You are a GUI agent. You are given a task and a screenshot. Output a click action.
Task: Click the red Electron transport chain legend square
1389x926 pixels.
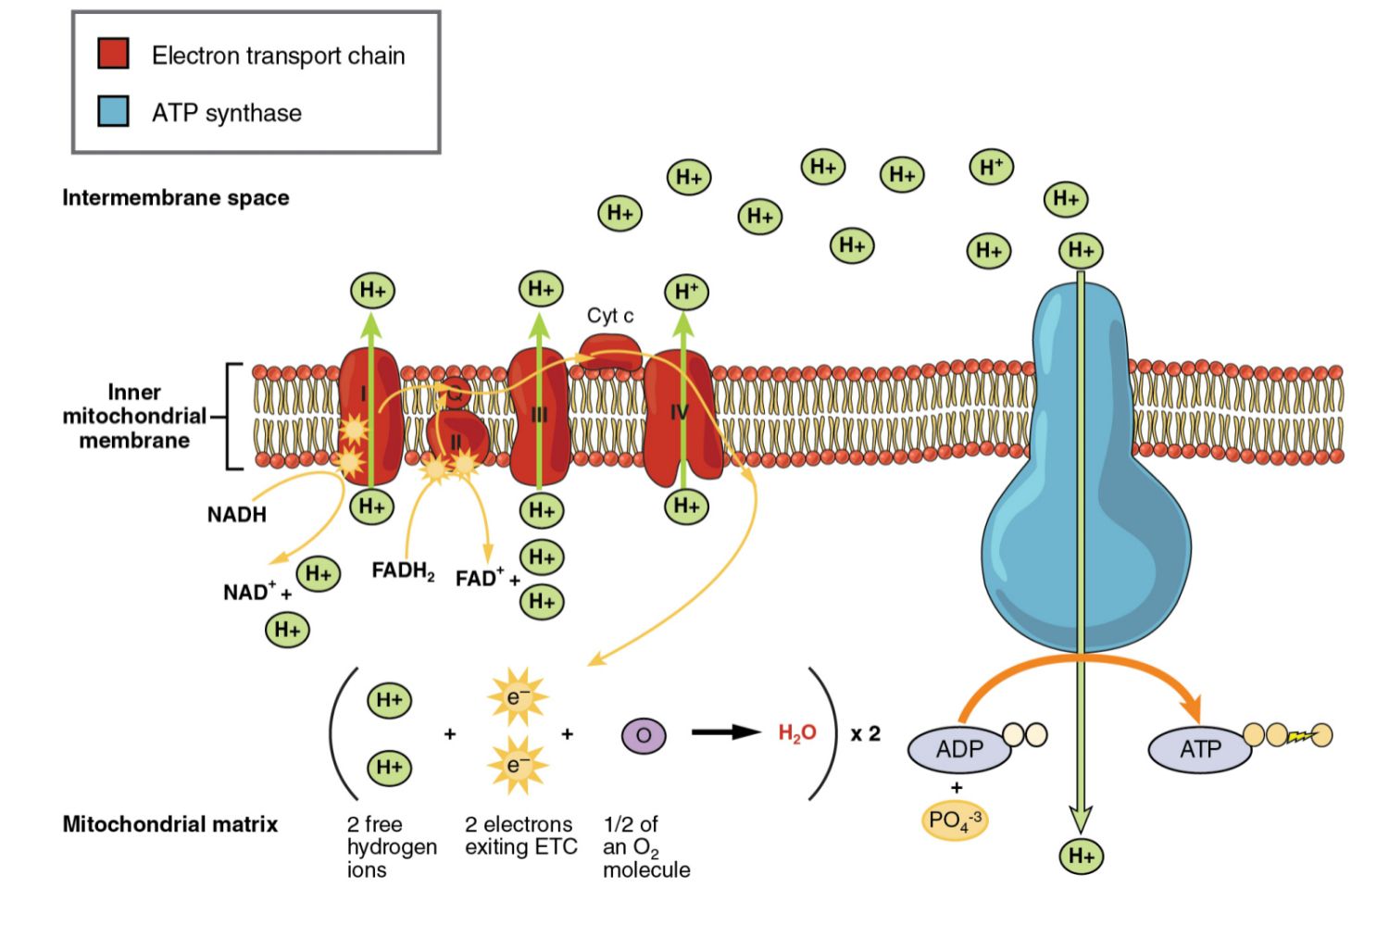point(113,54)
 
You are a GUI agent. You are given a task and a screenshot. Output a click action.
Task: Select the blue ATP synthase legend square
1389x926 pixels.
point(113,111)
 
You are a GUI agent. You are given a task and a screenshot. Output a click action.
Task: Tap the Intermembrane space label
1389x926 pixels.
point(175,197)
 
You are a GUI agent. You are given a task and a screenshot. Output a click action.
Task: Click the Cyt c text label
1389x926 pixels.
point(610,316)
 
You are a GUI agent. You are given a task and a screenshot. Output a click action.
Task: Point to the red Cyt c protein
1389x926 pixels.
point(609,353)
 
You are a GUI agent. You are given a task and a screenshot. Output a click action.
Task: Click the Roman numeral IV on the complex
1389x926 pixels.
point(680,412)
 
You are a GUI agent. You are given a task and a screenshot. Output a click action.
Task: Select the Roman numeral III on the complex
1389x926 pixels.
point(539,416)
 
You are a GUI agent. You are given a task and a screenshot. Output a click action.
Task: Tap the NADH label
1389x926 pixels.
point(236,515)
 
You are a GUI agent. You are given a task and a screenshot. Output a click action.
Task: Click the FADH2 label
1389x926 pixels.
point(403,570)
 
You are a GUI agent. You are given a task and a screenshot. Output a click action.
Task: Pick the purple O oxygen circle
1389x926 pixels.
point(644,736)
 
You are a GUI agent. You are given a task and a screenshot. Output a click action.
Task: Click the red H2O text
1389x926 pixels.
point(796,734)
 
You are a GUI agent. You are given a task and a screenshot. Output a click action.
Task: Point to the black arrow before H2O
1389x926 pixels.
point(727,732)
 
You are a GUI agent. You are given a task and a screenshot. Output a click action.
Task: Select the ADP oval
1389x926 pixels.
point(959,749)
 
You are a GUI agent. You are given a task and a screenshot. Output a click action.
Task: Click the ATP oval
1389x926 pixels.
point(1200,749)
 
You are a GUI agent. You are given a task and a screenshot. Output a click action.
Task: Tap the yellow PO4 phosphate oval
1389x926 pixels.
point(955,820)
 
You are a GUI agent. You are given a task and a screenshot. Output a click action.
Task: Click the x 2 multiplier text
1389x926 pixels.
point(866,734)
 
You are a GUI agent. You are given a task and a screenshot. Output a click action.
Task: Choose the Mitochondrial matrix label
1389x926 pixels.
point(169,824)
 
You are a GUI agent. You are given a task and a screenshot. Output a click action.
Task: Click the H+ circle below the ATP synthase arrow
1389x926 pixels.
point(1081,855)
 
